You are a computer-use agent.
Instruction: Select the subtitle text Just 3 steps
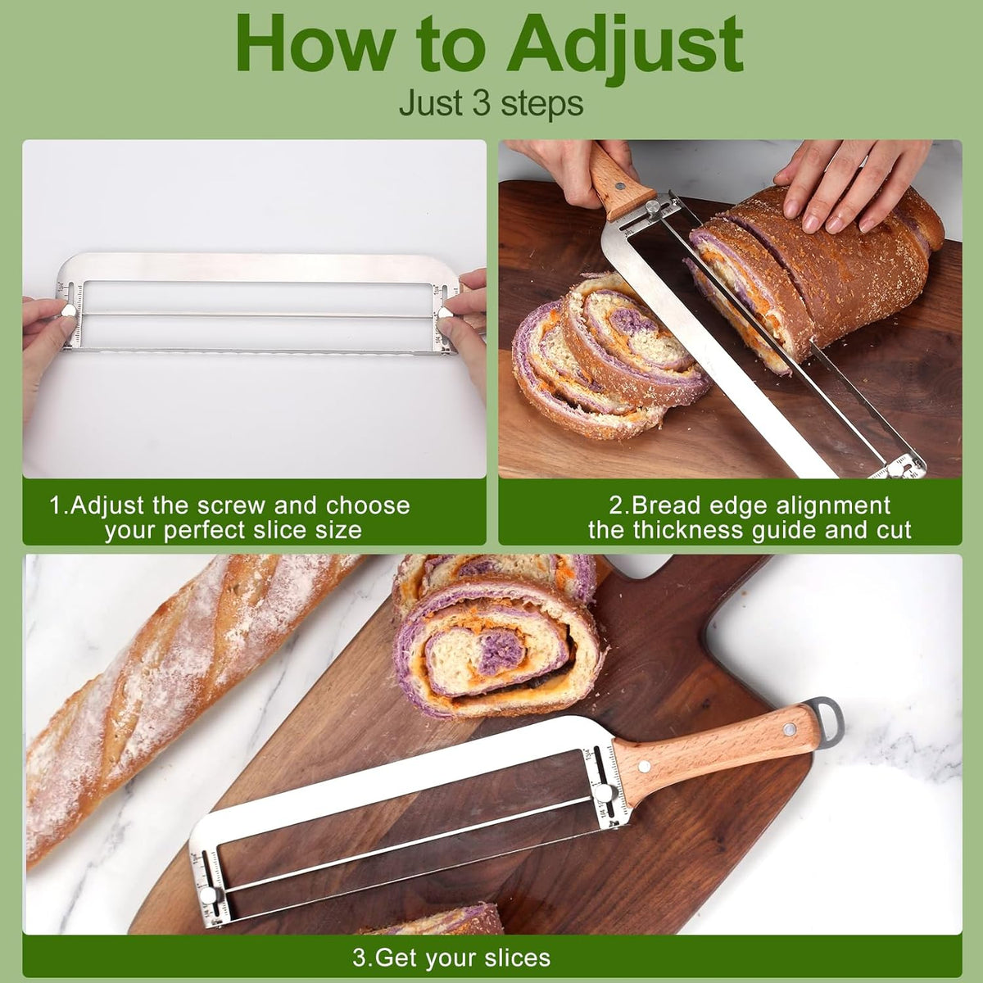tap(491, 103)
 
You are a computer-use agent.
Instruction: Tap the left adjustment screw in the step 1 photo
tap(69, 310)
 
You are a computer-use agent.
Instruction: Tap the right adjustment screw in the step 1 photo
tap(446, 313)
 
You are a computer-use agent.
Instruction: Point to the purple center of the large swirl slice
tap(502, 650)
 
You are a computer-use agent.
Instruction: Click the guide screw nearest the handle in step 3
tap(604, 792)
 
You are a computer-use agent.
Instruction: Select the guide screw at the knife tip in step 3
tap(207, 896)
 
